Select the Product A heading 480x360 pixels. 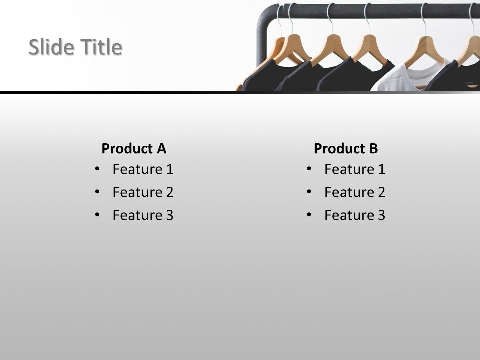pos(133,148)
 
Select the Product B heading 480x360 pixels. pos(346,148)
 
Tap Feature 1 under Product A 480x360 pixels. pos(143,169)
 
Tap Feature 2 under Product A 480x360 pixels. pos(143,192)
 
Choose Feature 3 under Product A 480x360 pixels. pos(143,215)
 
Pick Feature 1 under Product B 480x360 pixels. pos(355,169)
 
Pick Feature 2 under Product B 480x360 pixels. pos(355,192)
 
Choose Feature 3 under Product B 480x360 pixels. pos(355,215)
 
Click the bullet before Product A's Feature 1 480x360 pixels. pos(97,169)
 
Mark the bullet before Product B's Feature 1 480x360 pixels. pos(309,169)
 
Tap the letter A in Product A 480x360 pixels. pos(161,148)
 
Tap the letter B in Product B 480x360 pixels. pos(373,148)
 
